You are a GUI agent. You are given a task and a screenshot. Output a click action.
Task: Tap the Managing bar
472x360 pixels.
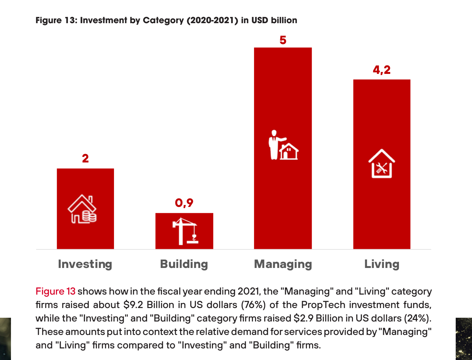pyautogui.click(x=283, y=94)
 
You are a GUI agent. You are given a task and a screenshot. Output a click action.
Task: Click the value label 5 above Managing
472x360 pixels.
pyautogui.click(x=283, y=40)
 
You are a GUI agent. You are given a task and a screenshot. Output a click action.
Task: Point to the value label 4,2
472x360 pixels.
pyautogui.click(x=381, y=69)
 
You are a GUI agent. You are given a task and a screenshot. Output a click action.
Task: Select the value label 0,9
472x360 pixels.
pyautogui.click(x=184, y=203)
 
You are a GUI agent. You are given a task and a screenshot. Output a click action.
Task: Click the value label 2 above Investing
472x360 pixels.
pyautogui.click(x=85, y=158)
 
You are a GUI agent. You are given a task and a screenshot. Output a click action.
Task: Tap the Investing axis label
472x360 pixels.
pyautogui.click(x=85, y=264)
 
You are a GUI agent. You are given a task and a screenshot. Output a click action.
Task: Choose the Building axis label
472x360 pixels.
pyautogui.click(x=184, y=264)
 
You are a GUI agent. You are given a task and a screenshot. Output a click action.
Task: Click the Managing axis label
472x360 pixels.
pyautogui.click(x=283, y=264)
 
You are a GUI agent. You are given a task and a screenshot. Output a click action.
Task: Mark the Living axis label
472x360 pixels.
pyautogui.click(x=381, y=264)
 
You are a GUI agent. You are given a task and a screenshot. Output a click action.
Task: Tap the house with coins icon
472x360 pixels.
pyautogui.click(x=82, y=209)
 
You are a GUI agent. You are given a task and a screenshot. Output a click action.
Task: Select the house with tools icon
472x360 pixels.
pyautogui.click(x=381, y=164)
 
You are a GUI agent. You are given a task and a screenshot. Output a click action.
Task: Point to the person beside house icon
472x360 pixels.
pyautogui.click(x=283, y=145)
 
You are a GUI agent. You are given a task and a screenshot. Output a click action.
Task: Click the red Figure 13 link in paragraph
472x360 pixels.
pyautogui.click(x=55, y=291)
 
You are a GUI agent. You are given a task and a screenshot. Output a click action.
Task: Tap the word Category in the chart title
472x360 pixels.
pyautogui.click(x=163, y=20)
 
